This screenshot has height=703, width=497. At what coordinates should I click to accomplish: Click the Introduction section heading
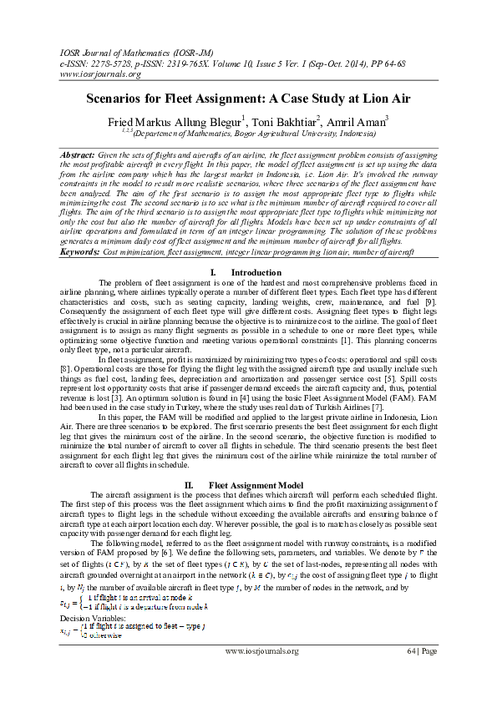[256, 273]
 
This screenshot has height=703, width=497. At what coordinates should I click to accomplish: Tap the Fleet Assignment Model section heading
[259, 484]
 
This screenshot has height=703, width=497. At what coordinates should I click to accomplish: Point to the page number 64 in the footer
[412, 650]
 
